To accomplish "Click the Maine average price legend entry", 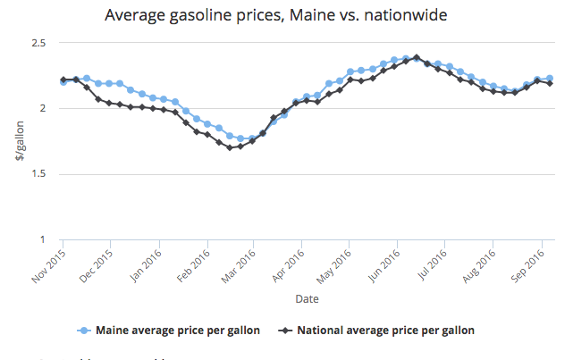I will point(169,330).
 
